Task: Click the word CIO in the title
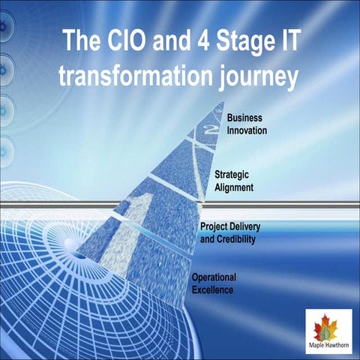[x=120, y=40]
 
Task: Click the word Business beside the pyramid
[x=245, y=118]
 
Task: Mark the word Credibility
[x=237, y=239]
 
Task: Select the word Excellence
[x=213, y=289]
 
